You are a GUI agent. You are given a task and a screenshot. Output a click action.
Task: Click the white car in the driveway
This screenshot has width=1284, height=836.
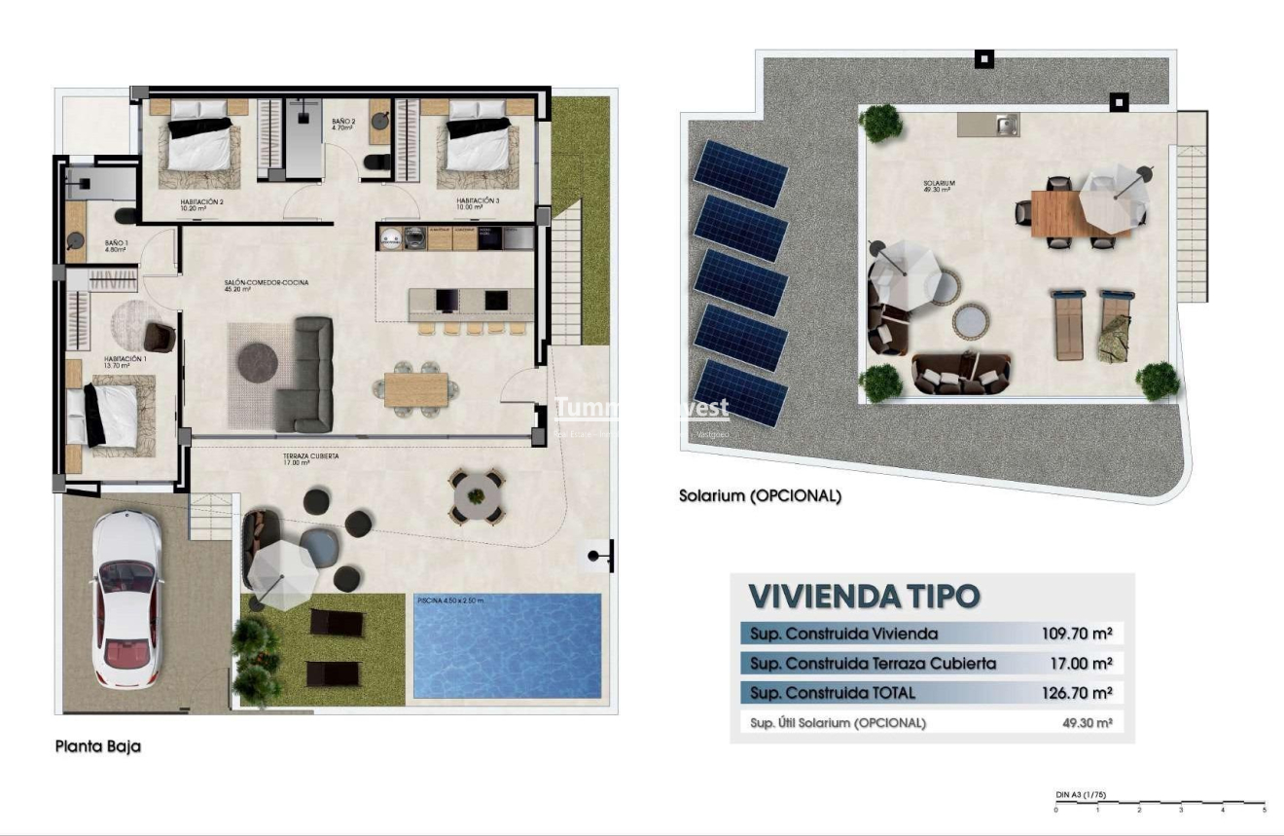tap(127, 600)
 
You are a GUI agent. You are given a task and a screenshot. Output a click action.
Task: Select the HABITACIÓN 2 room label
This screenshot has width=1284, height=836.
tap(201, 201)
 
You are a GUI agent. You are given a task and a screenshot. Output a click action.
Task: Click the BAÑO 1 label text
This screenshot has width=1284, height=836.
tap(116, 246)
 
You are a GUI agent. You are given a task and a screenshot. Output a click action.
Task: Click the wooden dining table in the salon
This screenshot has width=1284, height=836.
tap(415, 389)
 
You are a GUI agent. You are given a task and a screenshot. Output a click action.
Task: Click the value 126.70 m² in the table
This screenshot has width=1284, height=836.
tap(1075, 693)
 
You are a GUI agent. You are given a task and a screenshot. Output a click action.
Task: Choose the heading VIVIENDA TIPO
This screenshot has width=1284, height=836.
tap(864, 595)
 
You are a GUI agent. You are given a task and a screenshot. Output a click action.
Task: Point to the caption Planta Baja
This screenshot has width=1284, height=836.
tap(97, 746)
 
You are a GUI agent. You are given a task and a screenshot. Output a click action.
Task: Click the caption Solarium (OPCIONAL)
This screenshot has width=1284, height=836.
tap(760, 495)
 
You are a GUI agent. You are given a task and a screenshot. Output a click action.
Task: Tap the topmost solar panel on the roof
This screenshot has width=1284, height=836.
tap(740, 173)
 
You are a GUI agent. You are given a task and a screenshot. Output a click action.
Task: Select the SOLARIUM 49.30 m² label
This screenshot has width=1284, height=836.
tap(940, 186)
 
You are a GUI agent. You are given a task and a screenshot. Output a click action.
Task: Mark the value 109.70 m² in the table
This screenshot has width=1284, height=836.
tap(1075, 634)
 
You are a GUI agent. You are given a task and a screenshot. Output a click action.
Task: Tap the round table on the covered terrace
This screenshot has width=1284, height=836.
tap(477, 494)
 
